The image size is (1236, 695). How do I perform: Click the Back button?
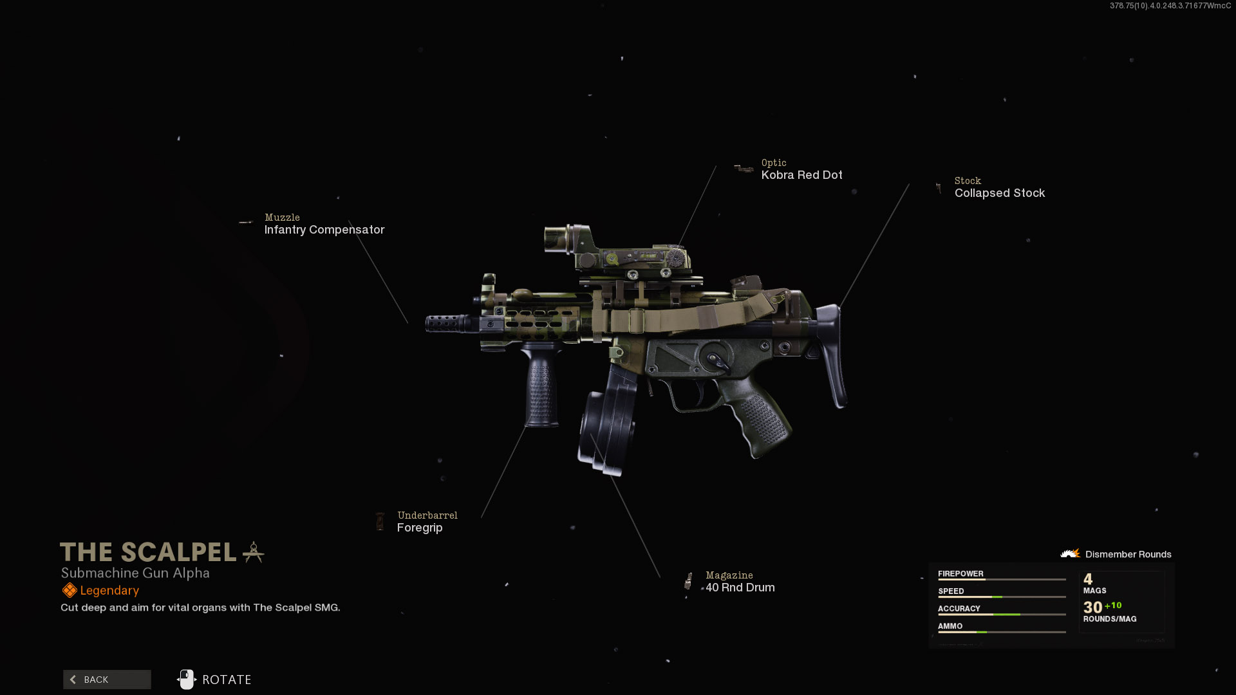pos(107,680)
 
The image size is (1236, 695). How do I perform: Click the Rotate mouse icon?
pos(187,680)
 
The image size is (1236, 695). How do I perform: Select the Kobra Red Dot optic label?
pos(801,175)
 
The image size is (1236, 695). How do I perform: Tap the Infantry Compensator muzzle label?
pos(324,230)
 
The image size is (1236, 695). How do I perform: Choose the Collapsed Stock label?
pos(999,193)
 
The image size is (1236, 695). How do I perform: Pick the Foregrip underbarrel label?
pos(420,528)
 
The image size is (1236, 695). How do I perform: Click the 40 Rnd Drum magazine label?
pos(740,588)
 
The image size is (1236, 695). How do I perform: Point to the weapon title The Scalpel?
pos(148,552)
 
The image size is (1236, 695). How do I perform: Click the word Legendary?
pos(109,591)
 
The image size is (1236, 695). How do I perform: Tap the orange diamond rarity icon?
pos(70,591)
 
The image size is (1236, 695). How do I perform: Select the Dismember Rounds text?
pos(1128,555)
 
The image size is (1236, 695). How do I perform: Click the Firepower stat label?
pos(960,574)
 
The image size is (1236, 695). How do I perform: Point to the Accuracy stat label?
pos(959,609)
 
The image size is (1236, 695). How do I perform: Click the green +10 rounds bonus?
pos(1113,606)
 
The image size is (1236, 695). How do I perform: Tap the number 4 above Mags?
pos(1088,579)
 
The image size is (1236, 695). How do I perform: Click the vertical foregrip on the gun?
pos(541,386)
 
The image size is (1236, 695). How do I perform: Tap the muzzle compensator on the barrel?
pos(447,323)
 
